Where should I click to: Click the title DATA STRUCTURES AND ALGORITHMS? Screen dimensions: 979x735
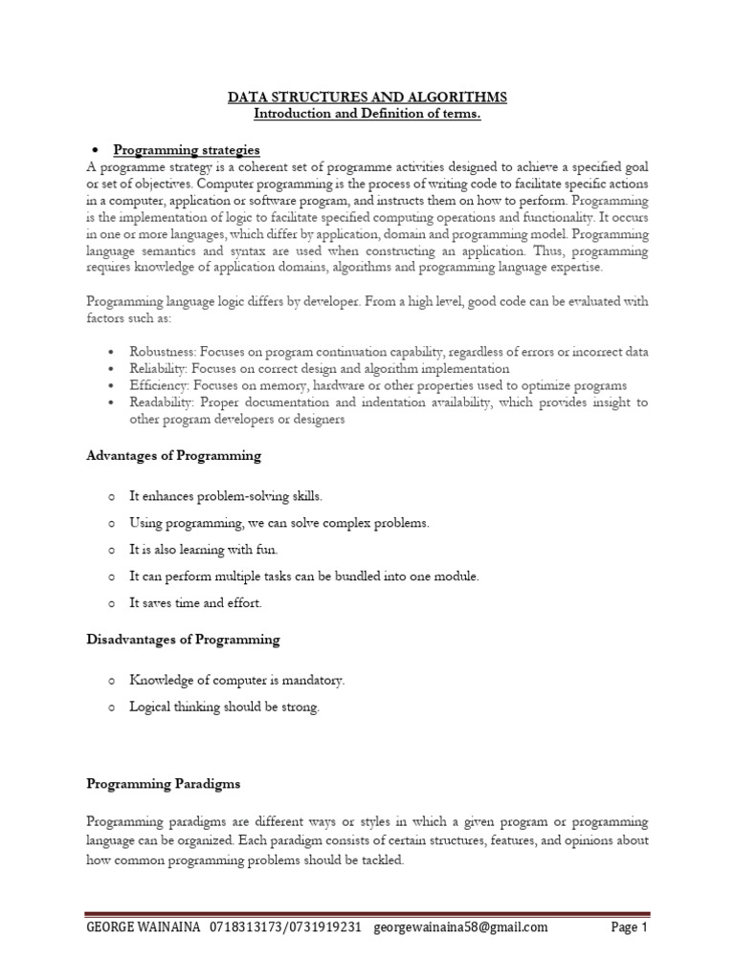[x=367, y=98]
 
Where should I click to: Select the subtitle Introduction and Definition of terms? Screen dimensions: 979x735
[x=367, y=115]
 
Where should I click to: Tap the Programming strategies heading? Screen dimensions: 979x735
[x=187, y=150]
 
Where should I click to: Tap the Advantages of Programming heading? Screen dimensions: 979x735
[x=173, y=456]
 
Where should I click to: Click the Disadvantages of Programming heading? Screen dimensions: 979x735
[x=183, y=639]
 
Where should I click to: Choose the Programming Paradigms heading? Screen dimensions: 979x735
[x=163, y=784]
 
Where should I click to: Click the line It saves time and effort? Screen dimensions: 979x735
[x=195, y=603]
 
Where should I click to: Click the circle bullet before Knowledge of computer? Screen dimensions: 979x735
[x=111, y=681]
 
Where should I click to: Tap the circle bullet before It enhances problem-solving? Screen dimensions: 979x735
[x=111, y=497]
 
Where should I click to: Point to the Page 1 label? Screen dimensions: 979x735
[x=630, y=927]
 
